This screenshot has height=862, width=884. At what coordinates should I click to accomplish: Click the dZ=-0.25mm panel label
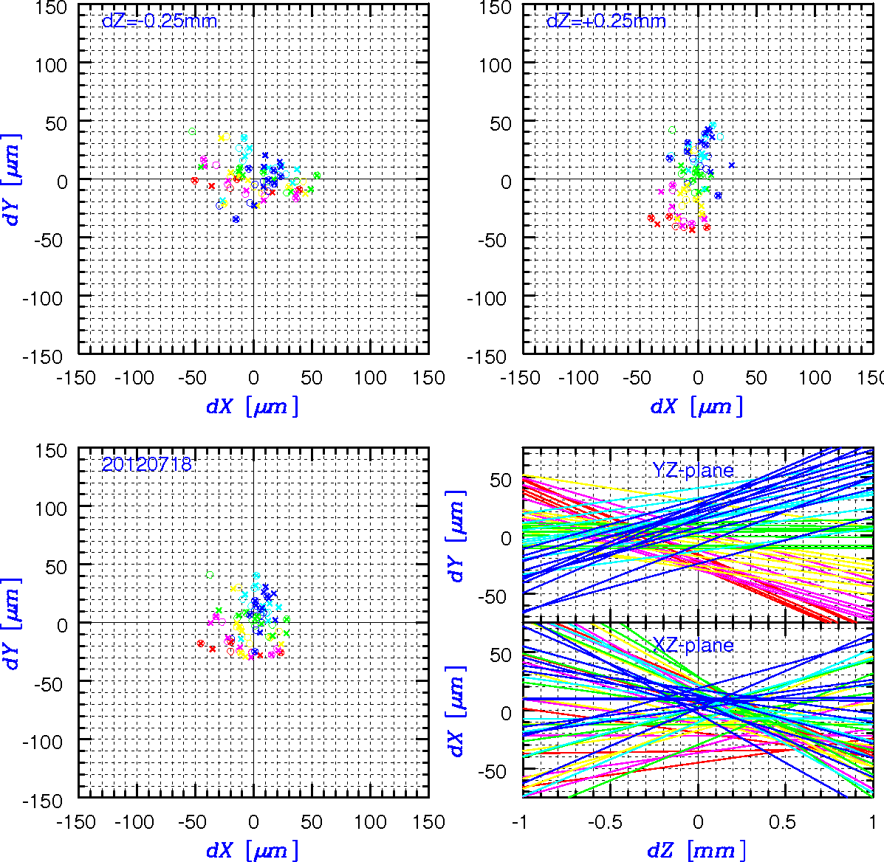(x=160, y=21)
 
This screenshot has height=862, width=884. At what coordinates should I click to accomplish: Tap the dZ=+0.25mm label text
(x=606, y=21)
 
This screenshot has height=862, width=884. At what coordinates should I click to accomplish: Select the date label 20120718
(x=146, y=464)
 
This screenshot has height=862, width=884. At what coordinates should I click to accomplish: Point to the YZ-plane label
(x=693, y=470)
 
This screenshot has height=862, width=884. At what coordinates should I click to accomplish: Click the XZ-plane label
(x=693, y=645)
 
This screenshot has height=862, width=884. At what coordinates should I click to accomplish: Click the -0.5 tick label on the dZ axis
(x=605, y=822)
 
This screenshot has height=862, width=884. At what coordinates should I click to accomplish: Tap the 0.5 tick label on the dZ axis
(x=783, y=822)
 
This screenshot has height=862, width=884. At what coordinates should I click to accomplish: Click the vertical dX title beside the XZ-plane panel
(x=456, y=711)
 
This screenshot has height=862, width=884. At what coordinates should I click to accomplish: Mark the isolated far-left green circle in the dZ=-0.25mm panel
(x=192, y=131)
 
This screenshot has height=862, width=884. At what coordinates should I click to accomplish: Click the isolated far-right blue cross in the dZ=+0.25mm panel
(x=732, y=165)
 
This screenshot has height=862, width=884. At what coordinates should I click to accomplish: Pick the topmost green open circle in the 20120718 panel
(x=210, y=575)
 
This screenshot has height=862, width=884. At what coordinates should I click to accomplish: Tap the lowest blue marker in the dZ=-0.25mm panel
(x=236, y=219)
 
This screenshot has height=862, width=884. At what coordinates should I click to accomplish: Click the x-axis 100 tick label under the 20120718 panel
(x=370, y=822)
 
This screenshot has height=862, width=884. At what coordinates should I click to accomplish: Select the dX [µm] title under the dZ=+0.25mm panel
(x=697, y=406)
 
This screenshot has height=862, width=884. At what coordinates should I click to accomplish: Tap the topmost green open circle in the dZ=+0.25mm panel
(x=672, y=130)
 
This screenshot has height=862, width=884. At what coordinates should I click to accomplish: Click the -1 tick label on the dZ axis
(x=519, y=822)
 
